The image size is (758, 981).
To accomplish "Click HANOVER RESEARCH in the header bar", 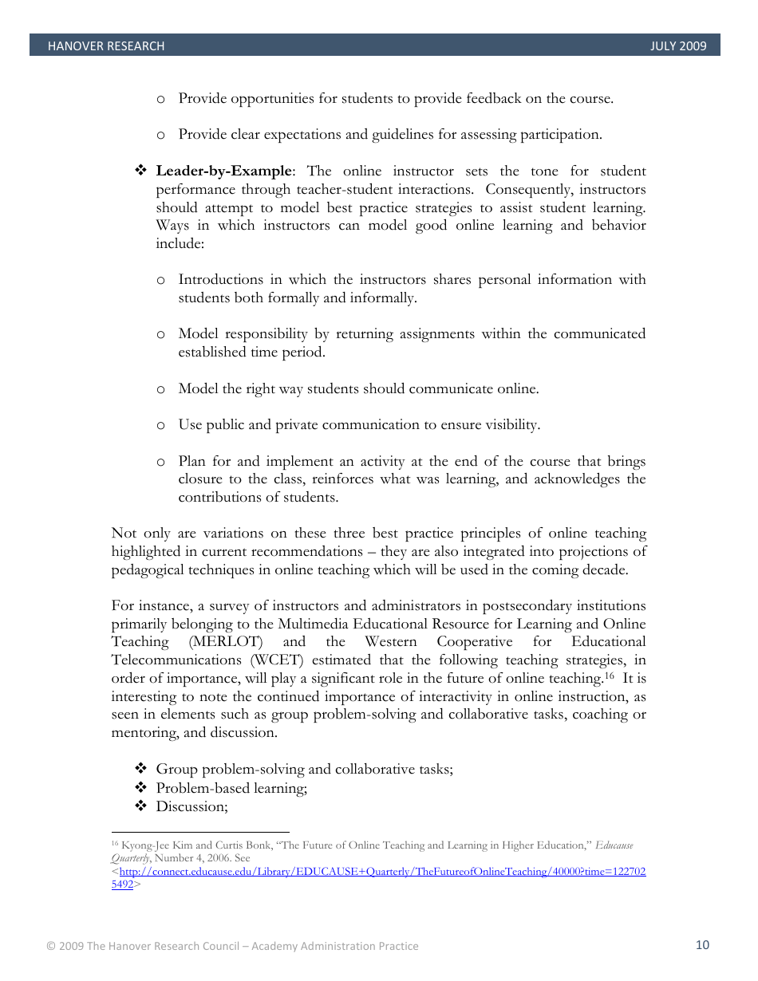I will tap(106, 46).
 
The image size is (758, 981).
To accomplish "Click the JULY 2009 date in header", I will tap(678, 46).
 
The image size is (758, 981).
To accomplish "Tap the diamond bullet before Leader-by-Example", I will tap(140, 171).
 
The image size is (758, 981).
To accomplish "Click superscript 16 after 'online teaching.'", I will tap(607, 676).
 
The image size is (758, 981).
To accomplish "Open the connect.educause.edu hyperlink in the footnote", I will tap(383, 872).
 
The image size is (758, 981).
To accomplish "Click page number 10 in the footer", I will tap(702, 945).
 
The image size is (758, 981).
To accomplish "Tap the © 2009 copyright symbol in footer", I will tap(51, 947).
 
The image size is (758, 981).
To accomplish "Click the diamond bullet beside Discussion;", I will tap(140, 806).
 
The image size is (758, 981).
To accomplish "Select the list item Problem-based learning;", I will tap(231, 788).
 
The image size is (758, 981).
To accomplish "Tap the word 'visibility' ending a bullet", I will tap(512, 425).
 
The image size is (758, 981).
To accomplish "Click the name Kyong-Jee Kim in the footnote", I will tap(148, 845).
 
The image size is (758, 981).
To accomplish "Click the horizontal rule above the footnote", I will tap(199, 831).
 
